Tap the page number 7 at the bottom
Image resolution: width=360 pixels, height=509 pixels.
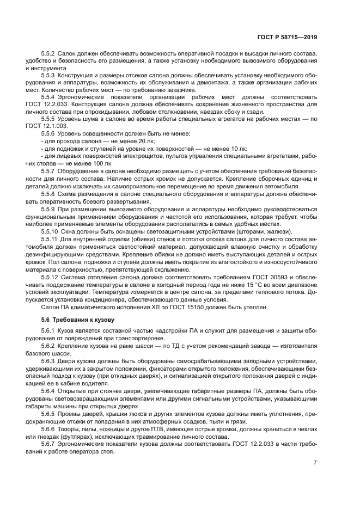coord(315,463)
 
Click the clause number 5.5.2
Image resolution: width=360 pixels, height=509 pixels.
coord(49,56)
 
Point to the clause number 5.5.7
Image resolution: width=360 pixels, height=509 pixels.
coord(49,170)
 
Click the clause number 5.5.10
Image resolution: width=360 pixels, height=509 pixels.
coord(51,231)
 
